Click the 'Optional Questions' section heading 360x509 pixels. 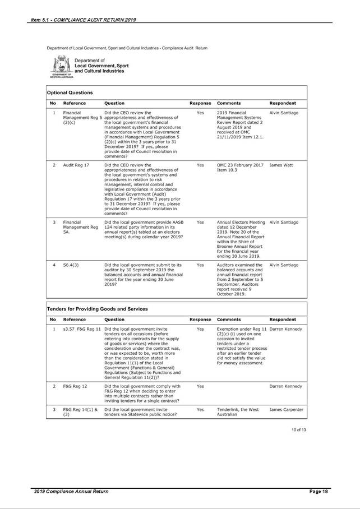(70, 92)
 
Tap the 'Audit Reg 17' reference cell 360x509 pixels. (76, 165)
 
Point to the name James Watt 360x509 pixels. (282, 165)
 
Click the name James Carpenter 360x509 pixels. (287, 409)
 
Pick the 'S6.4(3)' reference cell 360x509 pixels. (70, 265)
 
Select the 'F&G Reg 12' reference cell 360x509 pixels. (75, 386)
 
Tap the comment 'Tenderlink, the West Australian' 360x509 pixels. (238, 412)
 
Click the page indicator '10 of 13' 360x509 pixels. (299, 429)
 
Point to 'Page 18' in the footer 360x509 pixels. (319, 492)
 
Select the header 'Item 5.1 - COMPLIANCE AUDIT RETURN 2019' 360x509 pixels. (84, 20)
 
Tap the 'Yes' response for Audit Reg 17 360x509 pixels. (200, 165)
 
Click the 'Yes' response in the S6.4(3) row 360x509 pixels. (200, 265)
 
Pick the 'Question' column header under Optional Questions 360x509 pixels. (114, 103)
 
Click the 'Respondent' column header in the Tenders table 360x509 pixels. (283, 320)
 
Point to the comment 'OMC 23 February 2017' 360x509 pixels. (240, 165)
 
